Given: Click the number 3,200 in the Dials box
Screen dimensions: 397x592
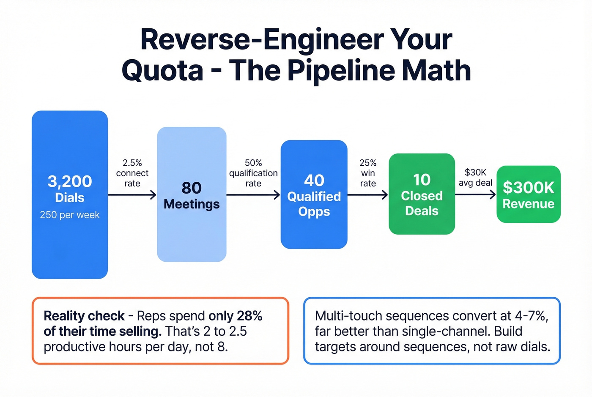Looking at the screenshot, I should pos(70,181).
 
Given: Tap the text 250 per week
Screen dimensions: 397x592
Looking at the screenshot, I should pos(70,215).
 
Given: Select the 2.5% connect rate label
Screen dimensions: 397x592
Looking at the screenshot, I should pos(132,173).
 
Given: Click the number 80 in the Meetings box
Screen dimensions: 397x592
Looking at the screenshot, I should pos(192,188).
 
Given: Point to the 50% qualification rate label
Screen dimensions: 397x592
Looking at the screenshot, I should pos(253,173).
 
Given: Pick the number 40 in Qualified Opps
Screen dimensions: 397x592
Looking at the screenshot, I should pos(314,181).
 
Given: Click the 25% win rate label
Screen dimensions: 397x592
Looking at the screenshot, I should pos(368,173).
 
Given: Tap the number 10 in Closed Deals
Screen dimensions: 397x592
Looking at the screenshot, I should pos(422,180).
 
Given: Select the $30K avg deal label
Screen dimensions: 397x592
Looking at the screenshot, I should pos(475,178).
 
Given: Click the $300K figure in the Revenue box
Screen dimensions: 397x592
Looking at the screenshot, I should pos(528,187).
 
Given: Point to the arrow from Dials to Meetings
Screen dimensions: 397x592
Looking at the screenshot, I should pos(132,195).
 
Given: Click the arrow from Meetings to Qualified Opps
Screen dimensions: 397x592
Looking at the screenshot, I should pos(253,195).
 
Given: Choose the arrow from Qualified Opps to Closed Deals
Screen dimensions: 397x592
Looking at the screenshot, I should pos(368,195).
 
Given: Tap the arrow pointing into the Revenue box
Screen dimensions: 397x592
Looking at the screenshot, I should pos(475,194).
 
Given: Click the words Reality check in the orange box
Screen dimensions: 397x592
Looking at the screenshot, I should pos(84,316).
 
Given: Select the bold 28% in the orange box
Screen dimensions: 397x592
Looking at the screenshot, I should pos(249,316).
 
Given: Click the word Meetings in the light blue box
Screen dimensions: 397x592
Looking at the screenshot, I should pos(192,204).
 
